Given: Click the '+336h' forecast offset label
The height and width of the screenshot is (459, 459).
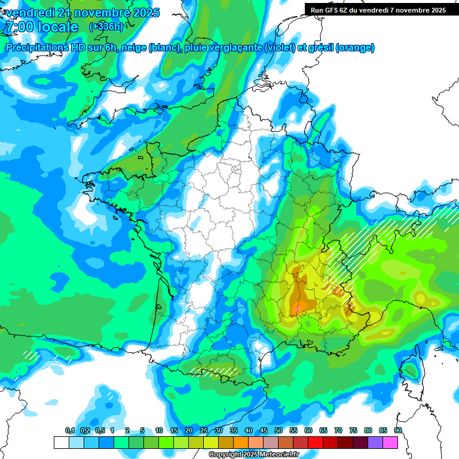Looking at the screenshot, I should [106, 27].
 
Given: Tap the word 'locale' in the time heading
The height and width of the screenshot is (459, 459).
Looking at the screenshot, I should [56, 27].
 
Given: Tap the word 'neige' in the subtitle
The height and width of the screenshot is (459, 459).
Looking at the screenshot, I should [134, 48].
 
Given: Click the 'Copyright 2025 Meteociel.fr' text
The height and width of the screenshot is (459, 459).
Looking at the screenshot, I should [253, 455].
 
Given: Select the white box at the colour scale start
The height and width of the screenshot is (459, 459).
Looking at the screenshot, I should [61, 442].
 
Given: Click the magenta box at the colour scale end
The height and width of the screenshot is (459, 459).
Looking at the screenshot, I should [390, 442].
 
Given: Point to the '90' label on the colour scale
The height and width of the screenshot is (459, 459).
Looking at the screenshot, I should [397, 430].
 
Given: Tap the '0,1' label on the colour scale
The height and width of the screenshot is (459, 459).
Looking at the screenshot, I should [69, 430].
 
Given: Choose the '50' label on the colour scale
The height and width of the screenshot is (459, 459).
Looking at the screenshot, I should [278, 430].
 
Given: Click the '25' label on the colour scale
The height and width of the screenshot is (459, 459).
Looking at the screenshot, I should [203, 430].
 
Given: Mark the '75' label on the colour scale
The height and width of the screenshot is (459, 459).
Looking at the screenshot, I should [353, 430].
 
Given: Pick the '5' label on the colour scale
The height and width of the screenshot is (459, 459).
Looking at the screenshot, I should [142, 430].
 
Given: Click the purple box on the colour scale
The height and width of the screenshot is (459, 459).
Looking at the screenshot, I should [375, 442].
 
